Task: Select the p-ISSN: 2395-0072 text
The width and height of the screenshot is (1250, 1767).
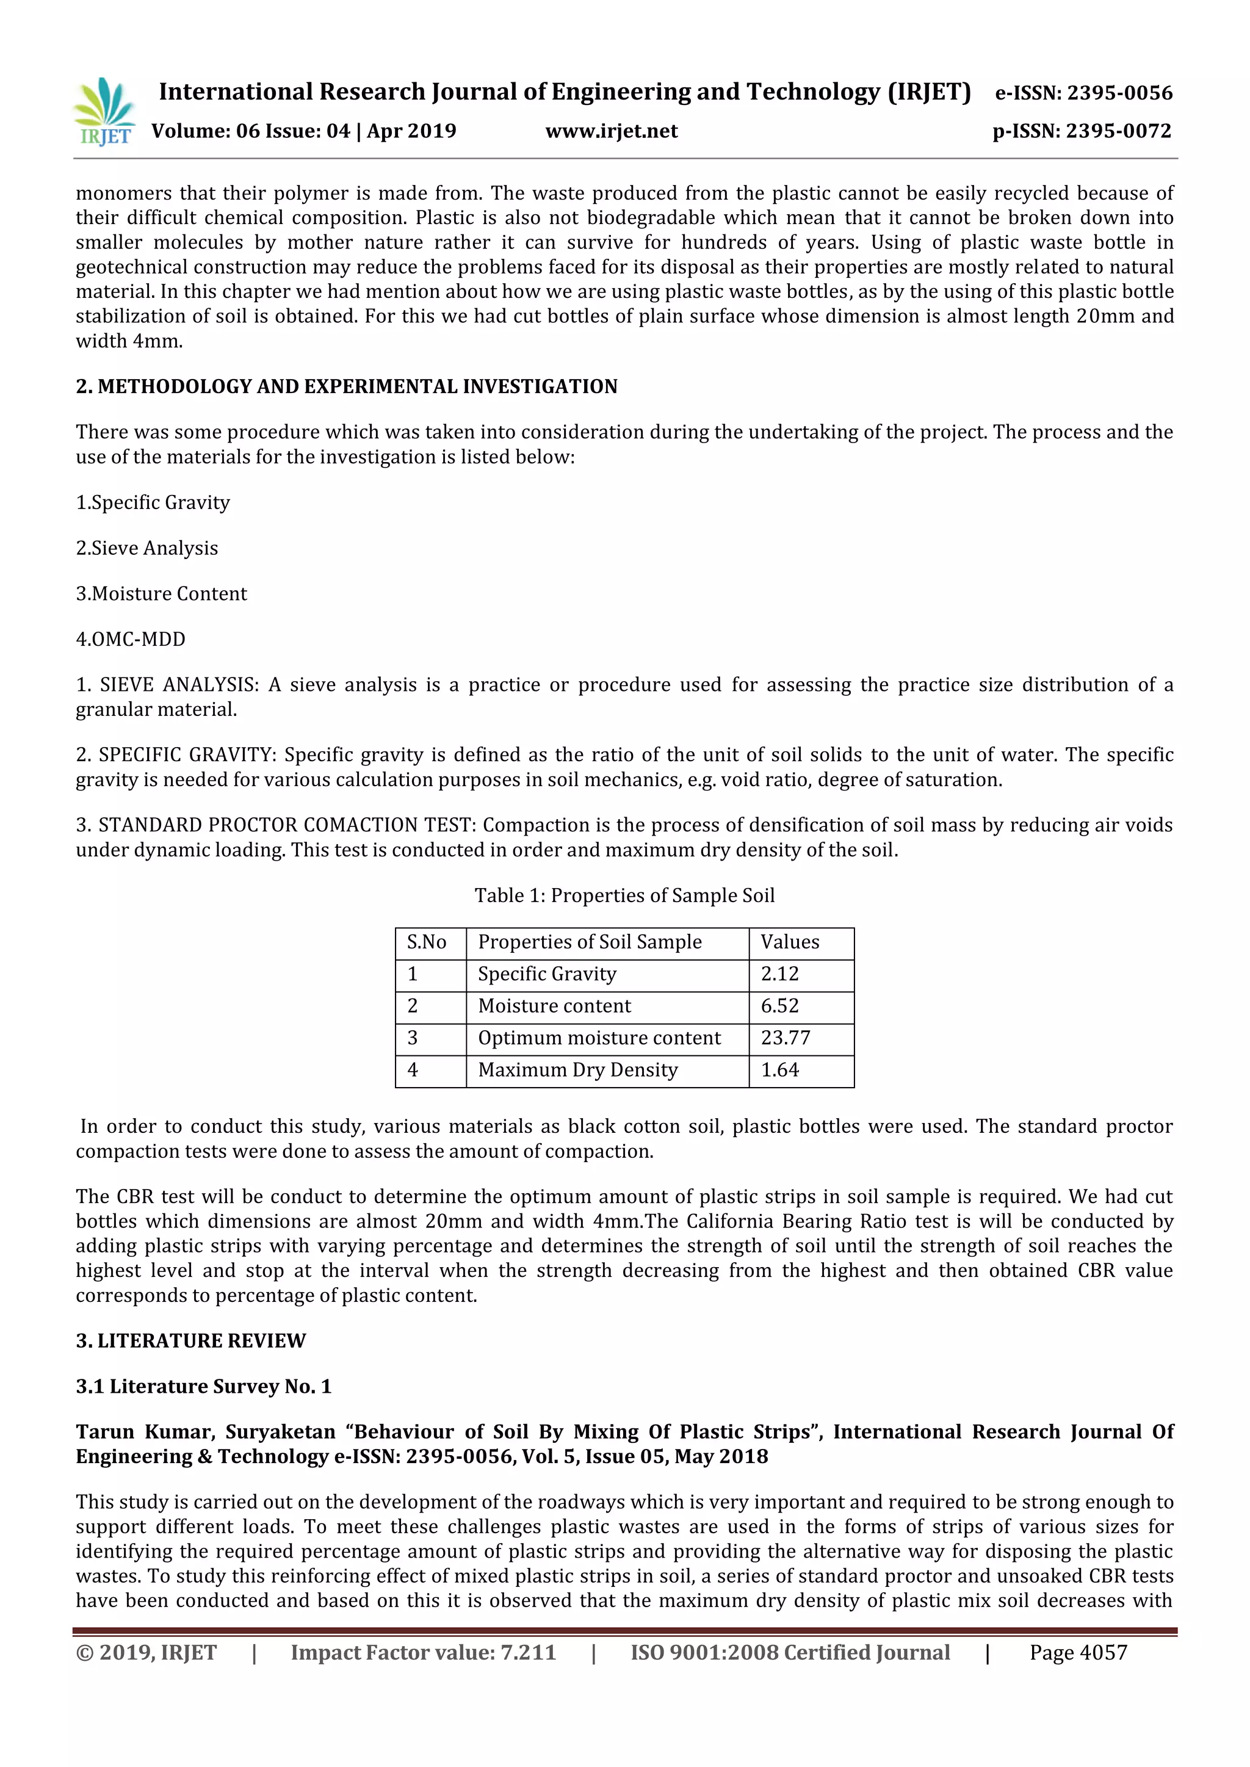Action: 1082,132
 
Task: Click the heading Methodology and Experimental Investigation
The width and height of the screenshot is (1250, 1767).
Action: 346,386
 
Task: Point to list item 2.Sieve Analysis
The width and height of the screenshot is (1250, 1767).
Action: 147,548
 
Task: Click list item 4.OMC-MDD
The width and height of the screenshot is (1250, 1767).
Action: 131,639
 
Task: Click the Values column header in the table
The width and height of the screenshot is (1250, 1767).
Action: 790,942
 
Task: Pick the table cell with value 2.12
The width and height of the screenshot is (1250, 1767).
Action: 779,974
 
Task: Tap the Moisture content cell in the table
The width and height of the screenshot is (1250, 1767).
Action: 554,1006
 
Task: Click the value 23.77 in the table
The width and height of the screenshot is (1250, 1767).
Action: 785,1038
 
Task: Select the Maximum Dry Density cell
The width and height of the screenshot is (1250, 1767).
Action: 577,1070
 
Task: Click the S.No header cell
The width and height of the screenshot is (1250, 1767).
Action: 427,942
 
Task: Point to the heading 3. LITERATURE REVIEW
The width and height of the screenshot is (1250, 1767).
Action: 191,1340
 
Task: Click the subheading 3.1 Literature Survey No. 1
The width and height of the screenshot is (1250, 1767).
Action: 203,1386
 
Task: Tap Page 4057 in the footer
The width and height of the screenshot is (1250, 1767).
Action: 1078,1652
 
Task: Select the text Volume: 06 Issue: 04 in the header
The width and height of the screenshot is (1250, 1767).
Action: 250,132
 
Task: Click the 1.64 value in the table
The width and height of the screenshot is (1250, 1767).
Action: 779,1070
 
